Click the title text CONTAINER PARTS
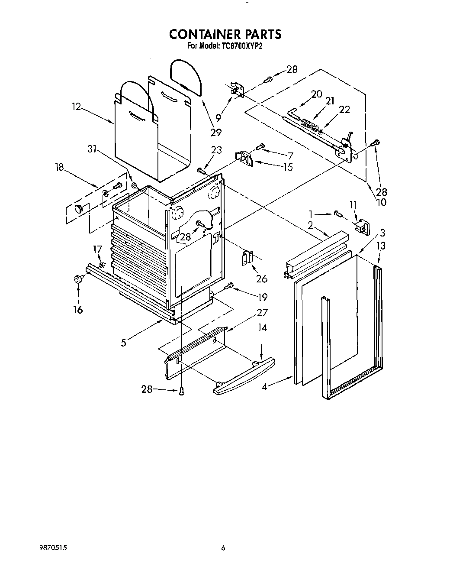[225, 34]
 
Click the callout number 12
[76, 106]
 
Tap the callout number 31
[92, 149]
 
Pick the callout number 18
[61, 167]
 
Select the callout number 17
[98, 249]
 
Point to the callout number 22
[344, 110]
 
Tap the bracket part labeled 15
[244, 159]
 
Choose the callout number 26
[261, 279]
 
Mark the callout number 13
[381, 246]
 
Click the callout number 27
[262, 313]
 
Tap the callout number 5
[124, 343]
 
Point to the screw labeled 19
[230, 285]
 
